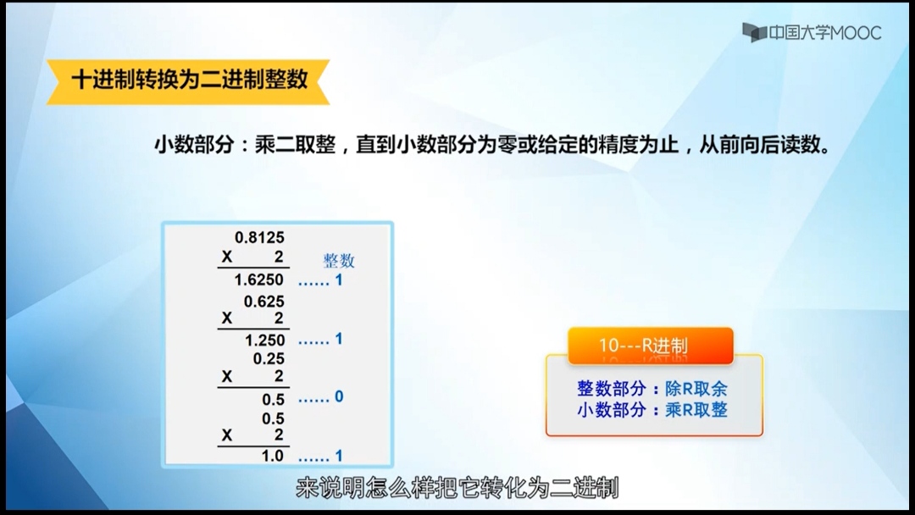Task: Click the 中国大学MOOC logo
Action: pos(811,33)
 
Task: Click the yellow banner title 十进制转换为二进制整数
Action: pos(189,80)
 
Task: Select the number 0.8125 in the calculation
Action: pos(259,237)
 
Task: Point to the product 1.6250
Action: pos(258,280)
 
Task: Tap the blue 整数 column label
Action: pos(338,260)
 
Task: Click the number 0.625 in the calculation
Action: pos(263,302)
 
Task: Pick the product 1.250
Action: pos(264,340)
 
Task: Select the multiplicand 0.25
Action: pos(269,358)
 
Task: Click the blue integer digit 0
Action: pos(338,396)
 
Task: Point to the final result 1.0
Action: pos(272,456)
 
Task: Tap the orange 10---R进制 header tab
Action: pos(650,346)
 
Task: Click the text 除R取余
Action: pos(696,389)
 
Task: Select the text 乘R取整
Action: pos(696,409)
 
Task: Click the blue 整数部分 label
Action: pos(611,389)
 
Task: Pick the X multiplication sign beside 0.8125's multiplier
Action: pos(227,257)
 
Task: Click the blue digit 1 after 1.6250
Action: pos(338,280)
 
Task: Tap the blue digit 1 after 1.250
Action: pos(338,339)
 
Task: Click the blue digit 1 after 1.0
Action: pos(338,456)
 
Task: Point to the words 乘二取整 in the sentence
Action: pos(296,144)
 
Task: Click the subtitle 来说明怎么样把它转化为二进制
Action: pos(457,488)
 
